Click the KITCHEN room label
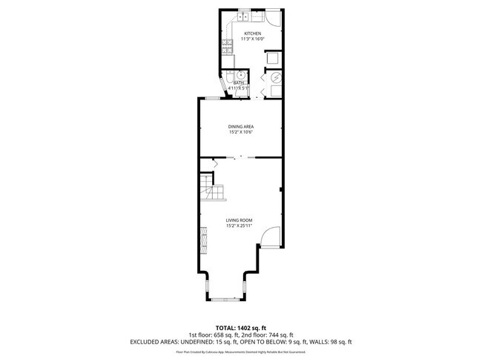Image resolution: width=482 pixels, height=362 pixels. [253, 33]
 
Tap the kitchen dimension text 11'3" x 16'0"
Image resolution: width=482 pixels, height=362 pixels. [253, 39]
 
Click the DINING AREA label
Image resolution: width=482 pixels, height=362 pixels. [240, 127]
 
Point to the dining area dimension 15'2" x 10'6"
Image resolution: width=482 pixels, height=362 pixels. [240, 133]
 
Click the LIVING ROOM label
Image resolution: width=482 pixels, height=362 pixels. [240, 220]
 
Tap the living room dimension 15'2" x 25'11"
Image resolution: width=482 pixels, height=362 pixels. [240, 226]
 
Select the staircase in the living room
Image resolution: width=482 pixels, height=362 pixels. [211, 192]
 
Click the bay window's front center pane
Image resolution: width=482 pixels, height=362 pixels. [226, 299]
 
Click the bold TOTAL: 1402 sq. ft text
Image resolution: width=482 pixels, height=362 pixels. [241, 327]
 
